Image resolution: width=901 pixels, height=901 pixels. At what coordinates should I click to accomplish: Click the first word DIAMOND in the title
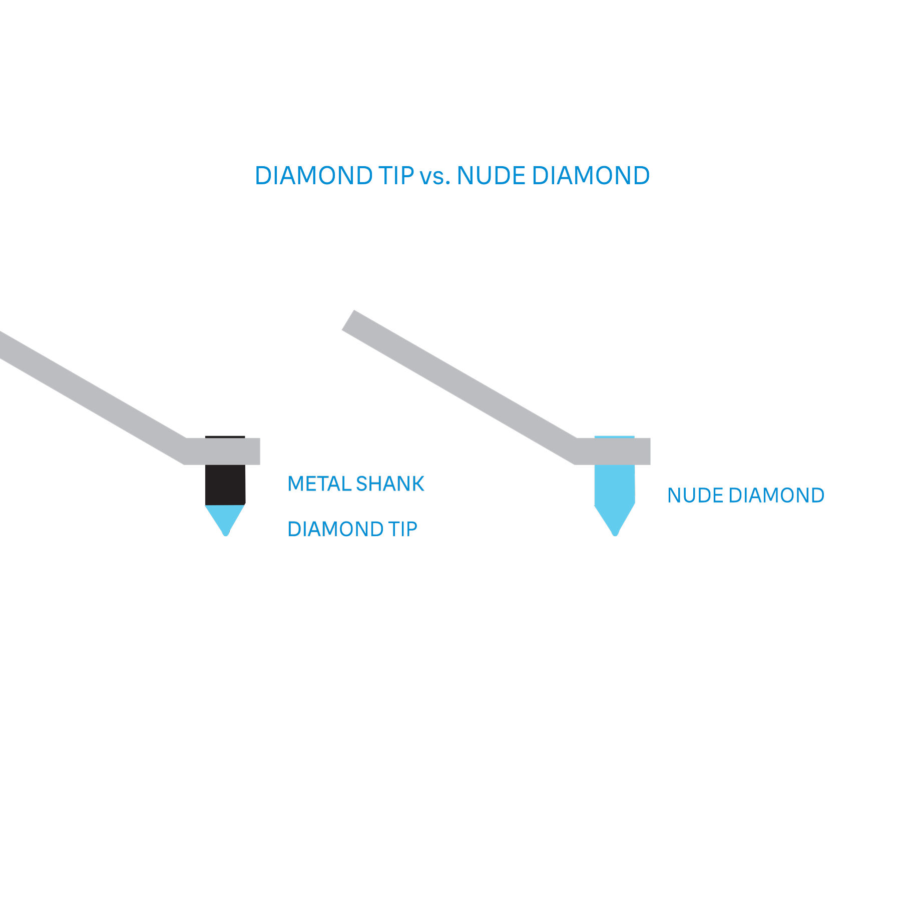[x=314, y=176]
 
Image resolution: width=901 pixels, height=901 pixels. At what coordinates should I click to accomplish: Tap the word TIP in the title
[x=396, y=176]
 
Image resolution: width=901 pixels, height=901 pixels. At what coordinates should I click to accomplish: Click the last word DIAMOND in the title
[x=591, y=176]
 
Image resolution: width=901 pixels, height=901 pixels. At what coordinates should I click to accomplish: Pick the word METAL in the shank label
[x=319, y=484]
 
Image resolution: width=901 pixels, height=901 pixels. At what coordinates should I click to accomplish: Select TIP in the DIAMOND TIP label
[x=401, y=529]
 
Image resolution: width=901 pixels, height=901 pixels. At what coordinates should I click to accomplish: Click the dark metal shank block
[x=225, y=484]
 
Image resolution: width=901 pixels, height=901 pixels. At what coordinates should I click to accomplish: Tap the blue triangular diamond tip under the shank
[x=225, y=517]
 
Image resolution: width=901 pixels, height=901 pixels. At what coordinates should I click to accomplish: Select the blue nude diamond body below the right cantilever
[x=614, y=488]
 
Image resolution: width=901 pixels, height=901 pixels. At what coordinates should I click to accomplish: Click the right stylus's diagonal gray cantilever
[x=461, y=385]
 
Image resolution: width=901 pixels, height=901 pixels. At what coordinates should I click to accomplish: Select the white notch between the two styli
[x=431, y=519]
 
